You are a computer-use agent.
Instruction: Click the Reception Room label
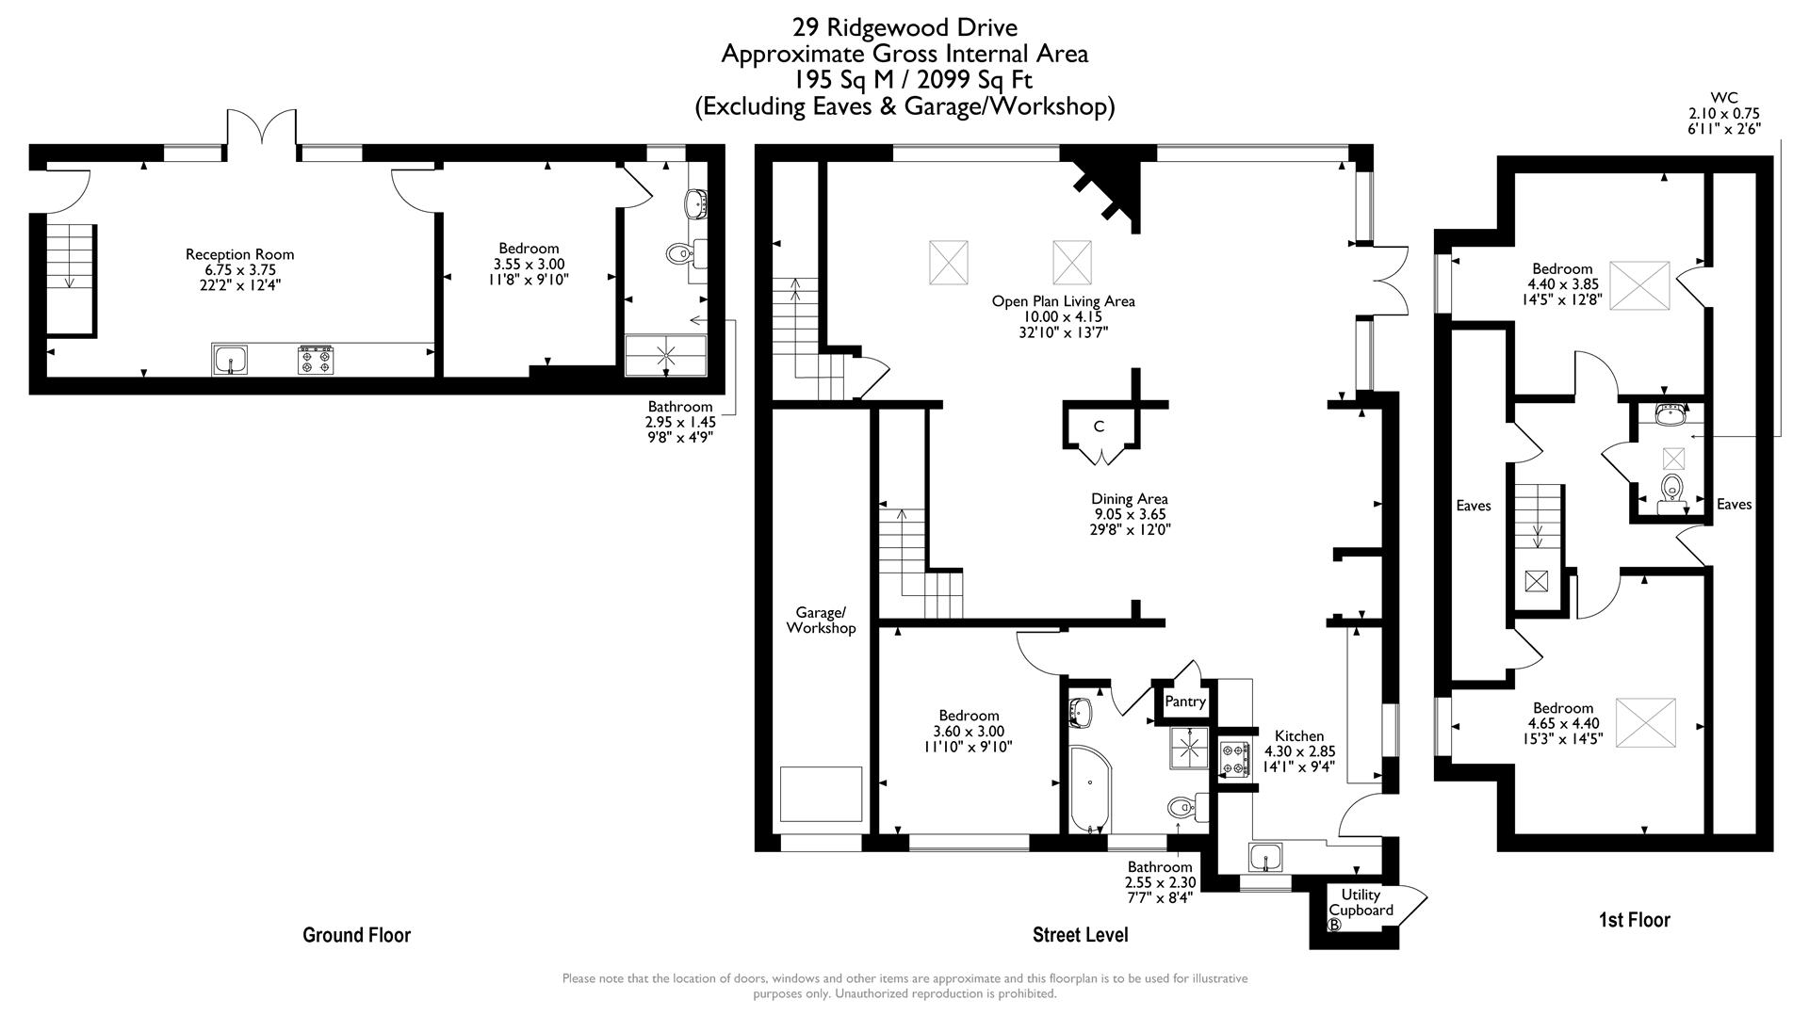tap(239, 254)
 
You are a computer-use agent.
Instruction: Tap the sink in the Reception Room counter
tap(231, 360)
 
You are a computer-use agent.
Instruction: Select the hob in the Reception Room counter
tap(316, 360)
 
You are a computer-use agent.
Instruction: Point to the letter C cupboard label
tap(1099, 427)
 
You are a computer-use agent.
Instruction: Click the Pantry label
tap(1184, 702)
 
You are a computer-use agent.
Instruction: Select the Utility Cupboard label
tap(1361, 902)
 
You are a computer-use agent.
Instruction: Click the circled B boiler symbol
tap(1334, 925)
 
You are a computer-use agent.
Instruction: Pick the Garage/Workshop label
tap(821, 621)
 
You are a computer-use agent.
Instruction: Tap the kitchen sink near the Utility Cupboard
tap(1265, 858)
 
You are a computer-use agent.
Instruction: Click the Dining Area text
tap(1130, 499)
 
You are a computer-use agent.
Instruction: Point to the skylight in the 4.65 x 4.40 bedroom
tap(1645, 722)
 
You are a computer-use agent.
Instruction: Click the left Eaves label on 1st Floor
tap(1474, 506)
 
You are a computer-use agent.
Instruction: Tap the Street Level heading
tap(1080, 935)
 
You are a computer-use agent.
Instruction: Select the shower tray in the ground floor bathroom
tap(665, 355)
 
